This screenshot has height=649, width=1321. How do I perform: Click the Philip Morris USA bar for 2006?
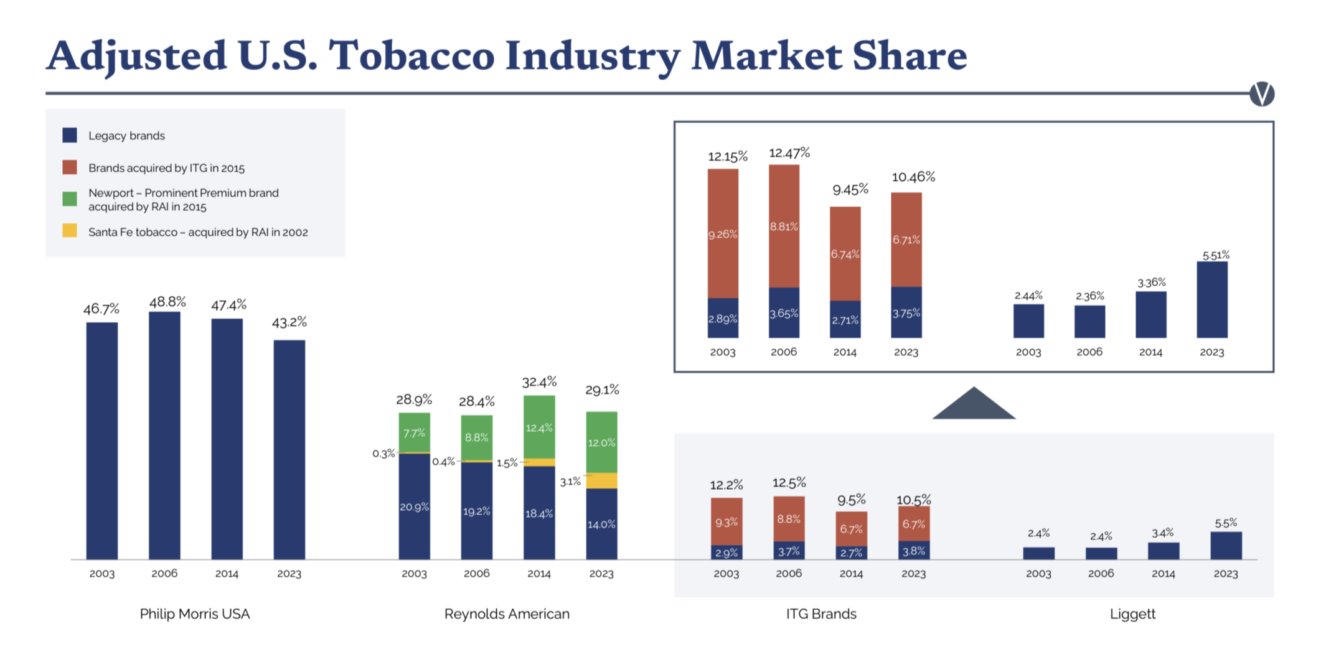164,436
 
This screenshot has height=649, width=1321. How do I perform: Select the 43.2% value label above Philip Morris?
289,322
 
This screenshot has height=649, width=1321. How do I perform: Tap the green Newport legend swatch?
70,199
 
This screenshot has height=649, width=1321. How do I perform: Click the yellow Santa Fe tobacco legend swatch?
70,231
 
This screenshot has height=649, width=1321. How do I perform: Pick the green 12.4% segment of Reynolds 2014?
539,427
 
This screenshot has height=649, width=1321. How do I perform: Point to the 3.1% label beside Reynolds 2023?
570,482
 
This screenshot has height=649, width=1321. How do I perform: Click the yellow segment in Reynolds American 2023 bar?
601,480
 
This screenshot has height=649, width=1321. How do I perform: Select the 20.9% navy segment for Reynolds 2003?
414,507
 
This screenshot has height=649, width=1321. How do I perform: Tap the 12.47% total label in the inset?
789,153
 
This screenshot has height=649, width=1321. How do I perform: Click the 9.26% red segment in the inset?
723,234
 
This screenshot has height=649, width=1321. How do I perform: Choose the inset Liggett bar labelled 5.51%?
1212,300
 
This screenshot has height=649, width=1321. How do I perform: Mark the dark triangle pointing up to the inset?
974,406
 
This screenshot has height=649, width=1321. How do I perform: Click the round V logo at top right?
1262,94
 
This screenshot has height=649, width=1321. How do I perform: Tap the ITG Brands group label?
821,614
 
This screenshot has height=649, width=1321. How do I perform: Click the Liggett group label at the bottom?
1132,614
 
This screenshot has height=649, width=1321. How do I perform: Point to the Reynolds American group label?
507,614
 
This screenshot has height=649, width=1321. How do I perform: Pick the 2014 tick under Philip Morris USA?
227,574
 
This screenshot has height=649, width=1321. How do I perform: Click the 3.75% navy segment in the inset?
906,313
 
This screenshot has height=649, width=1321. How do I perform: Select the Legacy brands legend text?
126,136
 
